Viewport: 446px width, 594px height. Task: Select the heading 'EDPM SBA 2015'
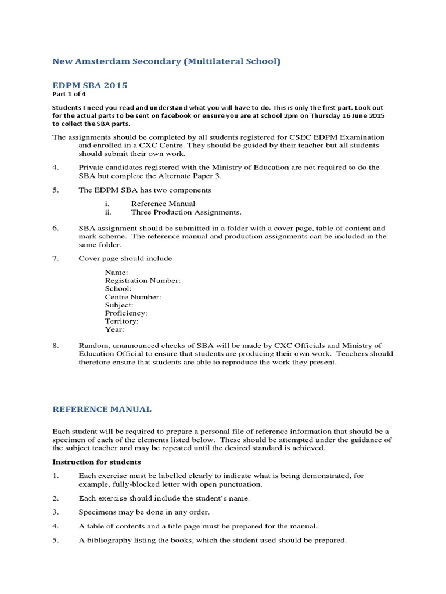click(x=89, y=85)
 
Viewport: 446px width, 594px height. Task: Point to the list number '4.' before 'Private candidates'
click(x=56, y=168)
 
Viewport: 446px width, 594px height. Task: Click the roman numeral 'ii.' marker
click(x=108, y=212)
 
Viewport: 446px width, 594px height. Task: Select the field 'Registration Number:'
click(x=143, y=280)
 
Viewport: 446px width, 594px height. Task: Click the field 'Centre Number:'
click(x=133, y=296)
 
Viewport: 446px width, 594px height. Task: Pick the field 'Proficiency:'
click(x=126, y=313)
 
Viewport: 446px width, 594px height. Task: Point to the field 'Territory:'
click(x=121, y=321)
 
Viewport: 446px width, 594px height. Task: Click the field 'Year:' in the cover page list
click(x=114, y=329)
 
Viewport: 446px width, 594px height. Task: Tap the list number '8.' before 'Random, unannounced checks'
click(x=56, y=346)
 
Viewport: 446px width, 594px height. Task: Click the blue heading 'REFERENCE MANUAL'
click(x=102, y=410)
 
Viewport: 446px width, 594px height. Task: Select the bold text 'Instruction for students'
click(x=96, y=462)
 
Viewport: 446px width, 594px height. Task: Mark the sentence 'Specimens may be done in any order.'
click(x=144, y=512)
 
